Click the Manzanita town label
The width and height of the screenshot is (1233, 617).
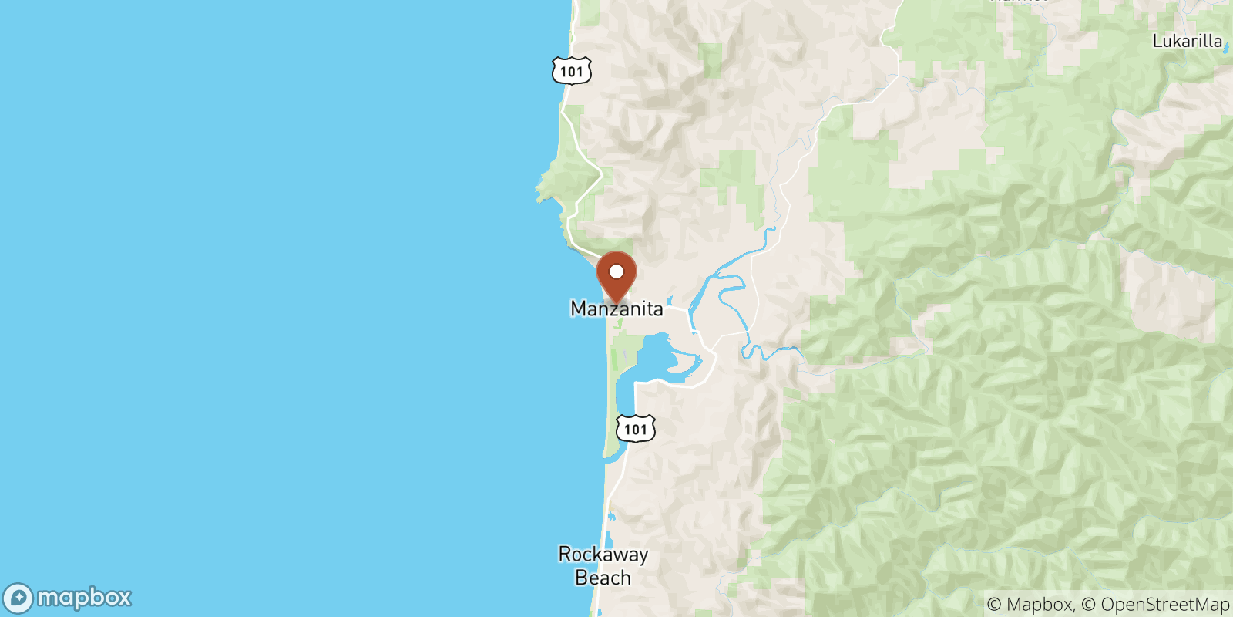[616, 309]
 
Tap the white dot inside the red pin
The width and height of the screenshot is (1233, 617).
[616, 271]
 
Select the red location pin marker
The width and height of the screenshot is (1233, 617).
[616, 278]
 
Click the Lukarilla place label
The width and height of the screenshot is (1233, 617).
[1187, 42]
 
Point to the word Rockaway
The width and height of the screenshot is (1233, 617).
[603, 555]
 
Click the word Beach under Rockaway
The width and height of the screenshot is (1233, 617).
[603, 578]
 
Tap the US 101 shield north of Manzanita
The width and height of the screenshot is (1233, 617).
[571, 71]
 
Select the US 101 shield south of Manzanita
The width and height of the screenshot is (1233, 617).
[635, 429]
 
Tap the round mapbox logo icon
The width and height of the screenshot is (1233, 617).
[18, 598]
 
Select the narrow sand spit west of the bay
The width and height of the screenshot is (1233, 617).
[614, 401]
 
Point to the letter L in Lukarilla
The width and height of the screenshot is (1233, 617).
[1157, 42]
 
